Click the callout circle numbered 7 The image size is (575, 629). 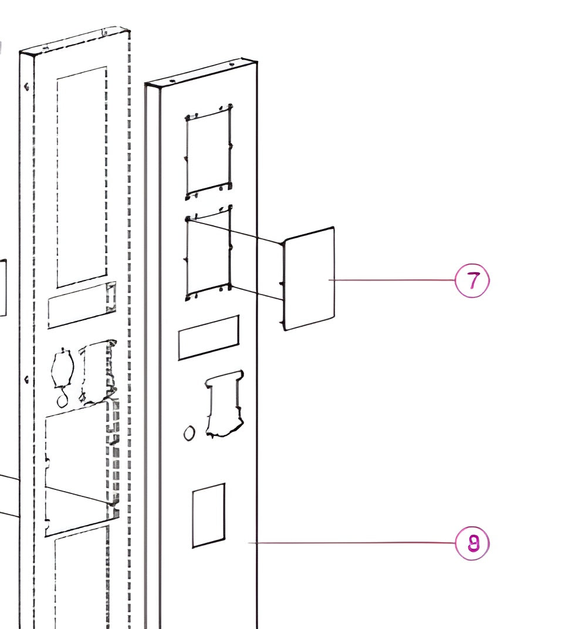pos(472,281)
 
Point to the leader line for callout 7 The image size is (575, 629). pos(393,280)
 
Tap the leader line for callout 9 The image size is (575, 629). pos(352,543)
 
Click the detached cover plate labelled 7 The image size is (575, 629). pos(309,279)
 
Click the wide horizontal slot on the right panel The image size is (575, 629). pos(208,337)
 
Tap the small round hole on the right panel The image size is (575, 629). pos(189,434)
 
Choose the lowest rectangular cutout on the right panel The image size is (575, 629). pos(208,515)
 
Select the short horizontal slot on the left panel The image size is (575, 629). pos(81,305)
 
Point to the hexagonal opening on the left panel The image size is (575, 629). pos(62,368)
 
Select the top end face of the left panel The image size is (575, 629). pos(75,41)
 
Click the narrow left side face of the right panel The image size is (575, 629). pos(153,352)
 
